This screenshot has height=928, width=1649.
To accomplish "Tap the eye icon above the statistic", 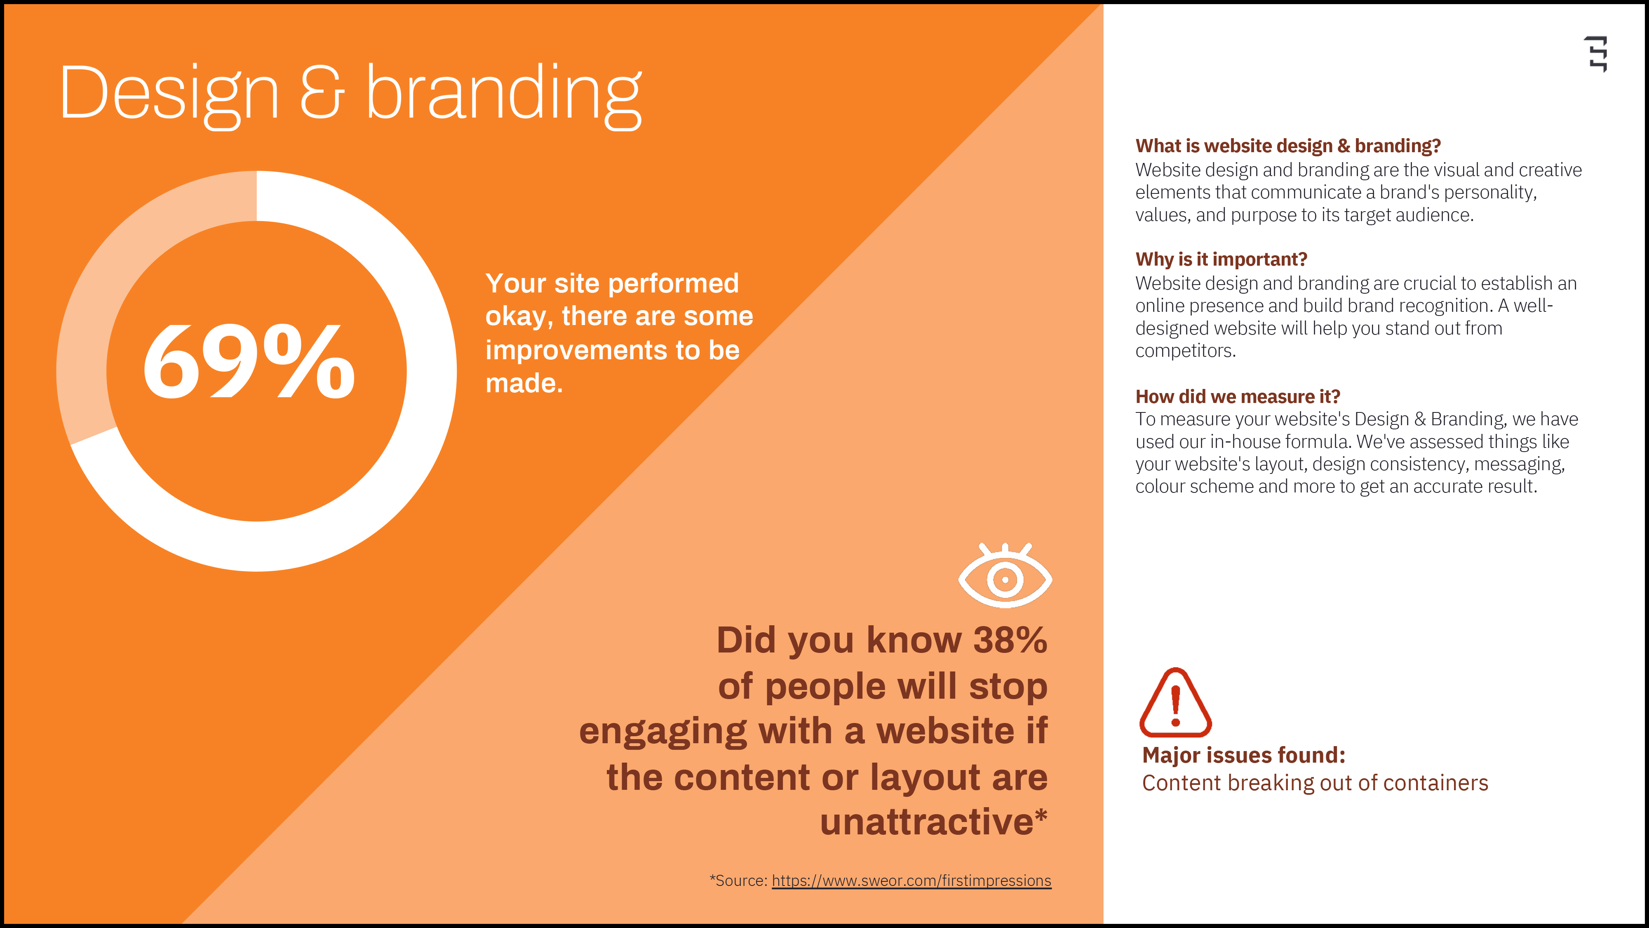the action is click(x=1005, y=575).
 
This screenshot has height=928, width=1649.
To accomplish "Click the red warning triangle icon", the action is click(x=1175, y=702).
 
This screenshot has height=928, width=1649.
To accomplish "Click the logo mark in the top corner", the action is click(x=1597, y=54).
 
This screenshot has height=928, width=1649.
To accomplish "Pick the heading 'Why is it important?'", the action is click(x=1221, y=259).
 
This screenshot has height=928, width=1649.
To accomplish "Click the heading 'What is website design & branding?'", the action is click(x=1288, y=146).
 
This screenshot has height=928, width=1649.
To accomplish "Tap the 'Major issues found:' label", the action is click(x=1244, y=755).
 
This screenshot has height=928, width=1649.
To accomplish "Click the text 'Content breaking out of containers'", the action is click(x=1315, y=783).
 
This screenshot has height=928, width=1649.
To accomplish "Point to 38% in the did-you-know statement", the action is click(x=1010, y=640).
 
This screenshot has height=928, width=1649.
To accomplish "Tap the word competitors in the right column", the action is click(x=1185, y=351).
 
